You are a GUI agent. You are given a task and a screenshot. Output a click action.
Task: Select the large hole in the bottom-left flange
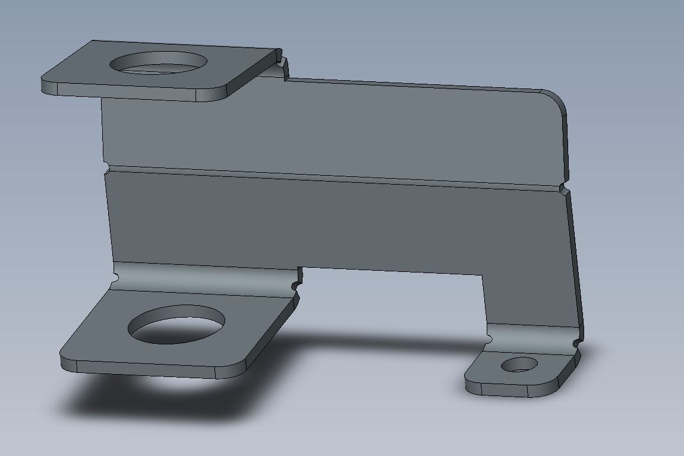(177, 325)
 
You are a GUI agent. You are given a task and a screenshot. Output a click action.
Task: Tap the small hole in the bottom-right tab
(519, 365)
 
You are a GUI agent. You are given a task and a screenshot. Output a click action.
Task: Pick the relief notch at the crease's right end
(563, 189)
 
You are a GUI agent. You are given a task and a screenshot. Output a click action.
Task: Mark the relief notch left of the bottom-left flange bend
(116, 277)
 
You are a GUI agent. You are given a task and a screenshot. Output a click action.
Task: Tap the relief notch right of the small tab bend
(576, 344)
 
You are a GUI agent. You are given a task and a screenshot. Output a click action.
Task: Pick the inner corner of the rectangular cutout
(481, 275)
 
